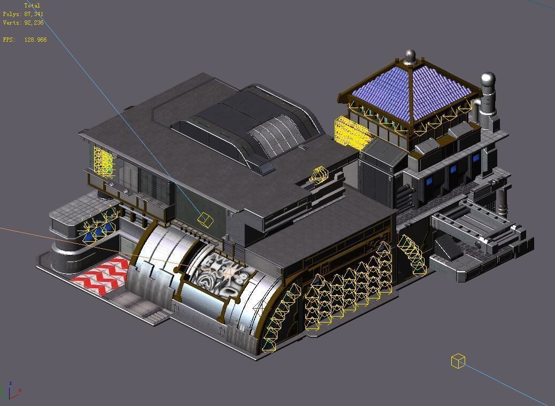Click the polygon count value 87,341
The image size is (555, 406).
(x=34, y=14)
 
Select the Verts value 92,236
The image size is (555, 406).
(x=34, y=22)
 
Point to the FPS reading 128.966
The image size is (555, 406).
(x=35, y=40)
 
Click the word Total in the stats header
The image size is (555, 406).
(x=32, y=5)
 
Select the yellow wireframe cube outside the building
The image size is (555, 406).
(x=458, y=361)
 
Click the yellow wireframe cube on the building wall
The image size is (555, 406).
(x=205, y=219)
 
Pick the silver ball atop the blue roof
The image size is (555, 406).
(x=410, y=56)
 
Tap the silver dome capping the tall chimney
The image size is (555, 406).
(x=488, y=80)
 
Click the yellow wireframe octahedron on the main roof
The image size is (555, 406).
(x=319, y=174)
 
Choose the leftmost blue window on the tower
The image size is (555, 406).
(x=428, y=181)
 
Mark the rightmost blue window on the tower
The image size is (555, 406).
(x=476, y=158)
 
